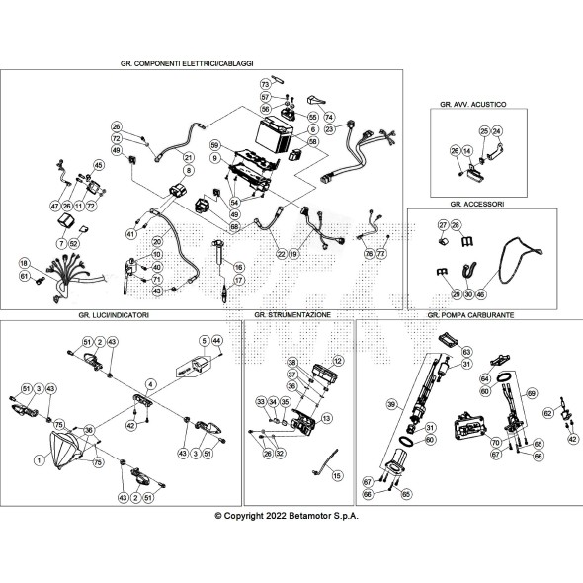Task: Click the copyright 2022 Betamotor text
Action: point(287,515)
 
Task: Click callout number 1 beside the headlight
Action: point(38,459)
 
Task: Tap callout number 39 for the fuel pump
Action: point(390,404)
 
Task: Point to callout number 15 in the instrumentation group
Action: point(337,476)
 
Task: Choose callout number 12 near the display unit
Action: point(338,361)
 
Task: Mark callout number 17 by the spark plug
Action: point(237,281)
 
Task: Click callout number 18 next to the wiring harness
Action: point(23,262)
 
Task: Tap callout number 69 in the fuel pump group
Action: point(531,394)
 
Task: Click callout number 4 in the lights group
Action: point(150,383)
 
